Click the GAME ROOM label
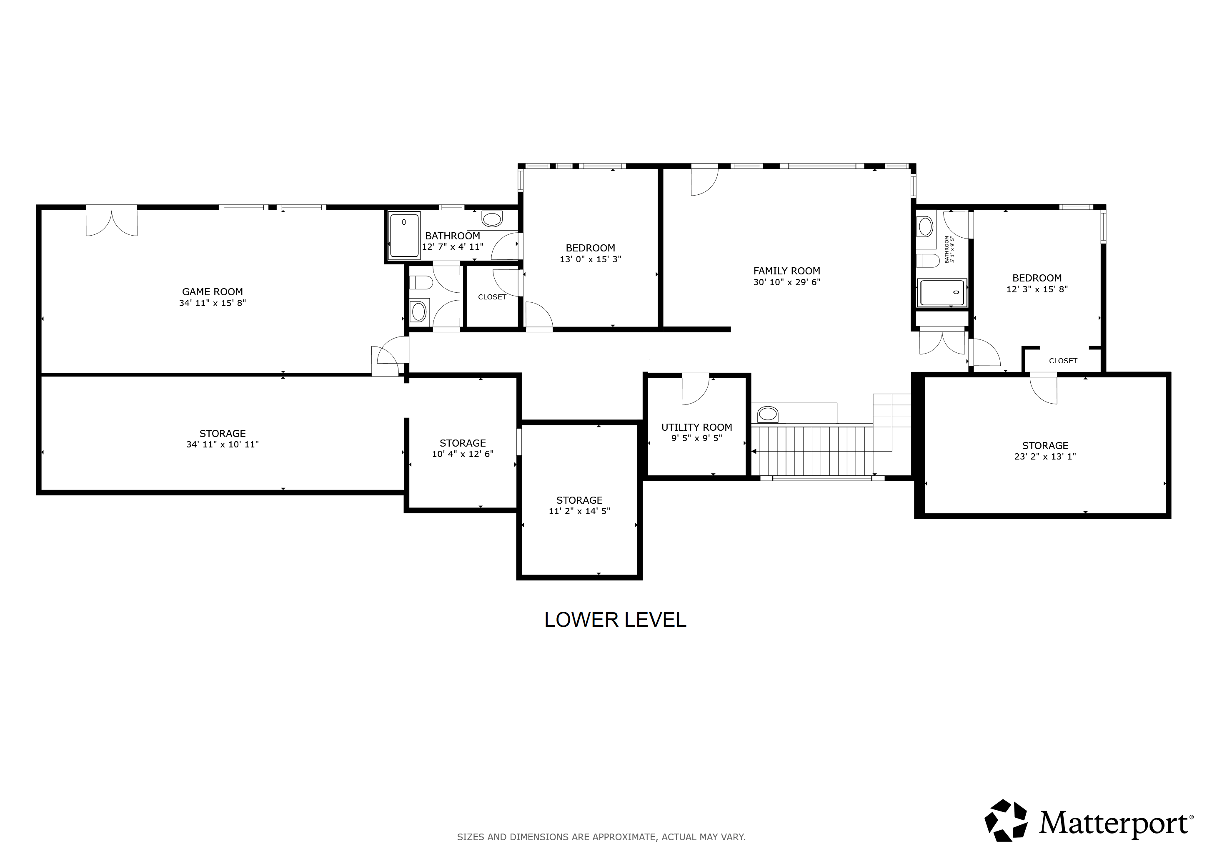(x=213, y=292)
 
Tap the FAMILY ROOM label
(x=786, y=271)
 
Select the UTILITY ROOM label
(x=696, y=427)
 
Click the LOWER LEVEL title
(x=615, y=620)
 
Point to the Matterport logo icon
(x=1006, y=835)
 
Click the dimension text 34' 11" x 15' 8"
(x=213, y=303)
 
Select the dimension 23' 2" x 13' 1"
(x=1045, y=457)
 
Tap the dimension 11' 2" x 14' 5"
(x=579, y=511)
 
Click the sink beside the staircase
(x=768, y=414)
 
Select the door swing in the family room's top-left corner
(x=704, y=181)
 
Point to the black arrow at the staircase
(x=754, y=451)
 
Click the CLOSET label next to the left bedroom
(x=492, y=297)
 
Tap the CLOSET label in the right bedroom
(x=1063, y=361)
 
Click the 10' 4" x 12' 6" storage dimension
(x=463, y=454)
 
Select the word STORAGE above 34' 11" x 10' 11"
(x=223, y=433)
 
